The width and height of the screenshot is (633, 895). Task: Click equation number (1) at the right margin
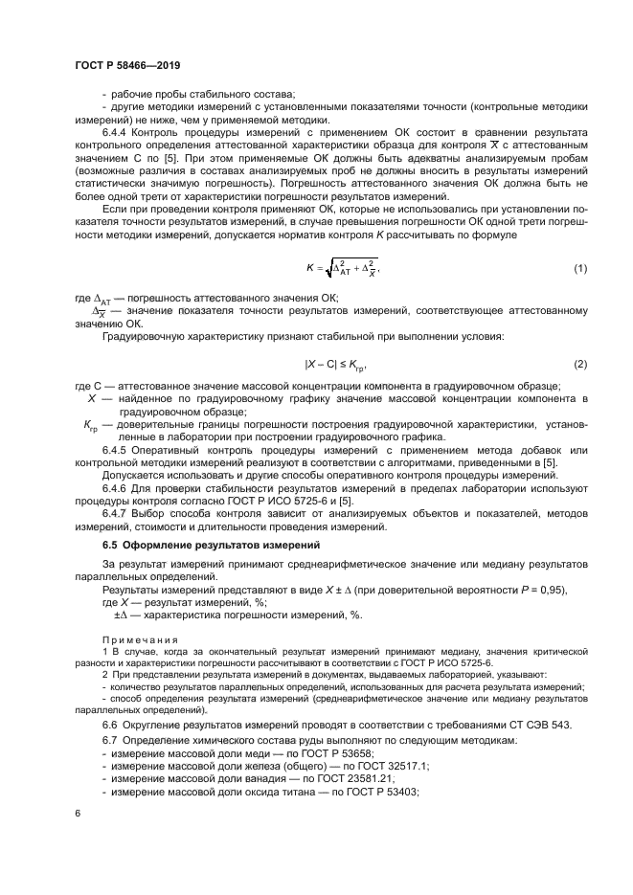580,269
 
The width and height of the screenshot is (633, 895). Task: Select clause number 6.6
110,725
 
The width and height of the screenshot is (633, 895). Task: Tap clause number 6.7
110,742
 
